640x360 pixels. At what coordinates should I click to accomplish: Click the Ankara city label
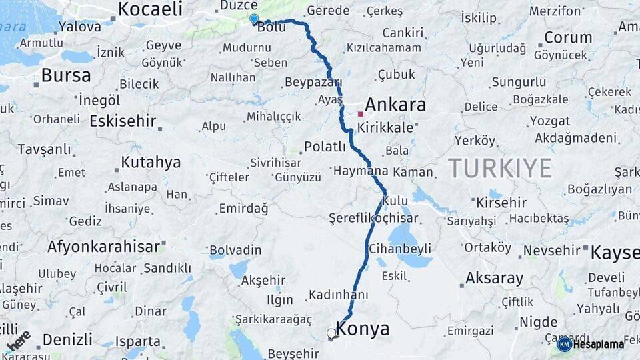tap(395, 105)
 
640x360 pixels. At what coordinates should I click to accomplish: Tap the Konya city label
tap(363, 328)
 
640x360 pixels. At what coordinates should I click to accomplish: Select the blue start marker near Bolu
tap(253, 19)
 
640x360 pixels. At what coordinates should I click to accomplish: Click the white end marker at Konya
tap(331, 333)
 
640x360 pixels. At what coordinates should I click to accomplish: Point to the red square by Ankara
tap(360, 114)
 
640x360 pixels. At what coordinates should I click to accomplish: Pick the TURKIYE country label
tap(499, 168)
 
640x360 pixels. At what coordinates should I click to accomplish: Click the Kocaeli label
tap(150, 9)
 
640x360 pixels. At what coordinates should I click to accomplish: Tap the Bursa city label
tap(66, 75)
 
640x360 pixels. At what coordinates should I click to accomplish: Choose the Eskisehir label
tap(123, 121)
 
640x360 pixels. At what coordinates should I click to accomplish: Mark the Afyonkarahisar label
tap(103, 247)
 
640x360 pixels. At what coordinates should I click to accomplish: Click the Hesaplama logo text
tap(598, 344)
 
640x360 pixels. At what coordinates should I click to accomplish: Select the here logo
tap(18, 341)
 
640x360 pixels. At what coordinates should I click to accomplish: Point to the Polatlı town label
tap(325, 147)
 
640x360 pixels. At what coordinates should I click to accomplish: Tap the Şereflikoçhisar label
tap(373, 218)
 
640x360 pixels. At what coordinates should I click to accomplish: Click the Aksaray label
tap(494, 277)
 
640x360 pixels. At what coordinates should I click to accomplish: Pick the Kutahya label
tap(151, 162)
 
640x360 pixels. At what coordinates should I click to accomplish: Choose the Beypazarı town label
tap(313, 82)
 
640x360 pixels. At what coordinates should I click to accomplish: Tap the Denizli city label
tap(67, 339)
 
